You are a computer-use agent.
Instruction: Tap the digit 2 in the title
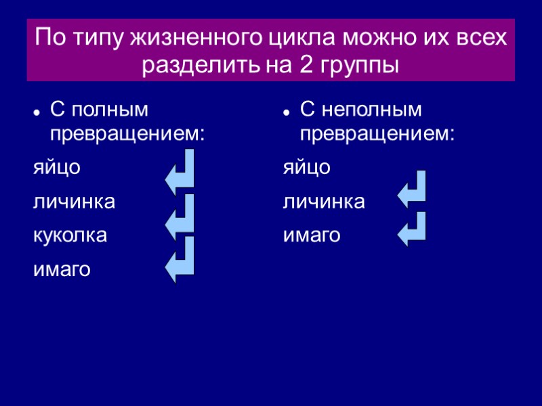coord(304,66)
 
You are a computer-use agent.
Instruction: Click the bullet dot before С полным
coord(37,112)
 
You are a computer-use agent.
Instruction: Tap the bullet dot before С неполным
coord(287,112)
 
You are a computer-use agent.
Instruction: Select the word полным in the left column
coord(109,110)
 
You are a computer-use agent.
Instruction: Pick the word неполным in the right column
coord(369,110)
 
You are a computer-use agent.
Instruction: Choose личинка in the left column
coord(74,202)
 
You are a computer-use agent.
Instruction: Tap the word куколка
coord(70,235)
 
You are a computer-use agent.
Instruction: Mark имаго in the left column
coord(62,270)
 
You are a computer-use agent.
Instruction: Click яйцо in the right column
coord(306,168)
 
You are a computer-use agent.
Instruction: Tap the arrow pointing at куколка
coord(181,215)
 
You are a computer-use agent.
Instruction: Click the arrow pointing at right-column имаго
coord(413,229)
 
